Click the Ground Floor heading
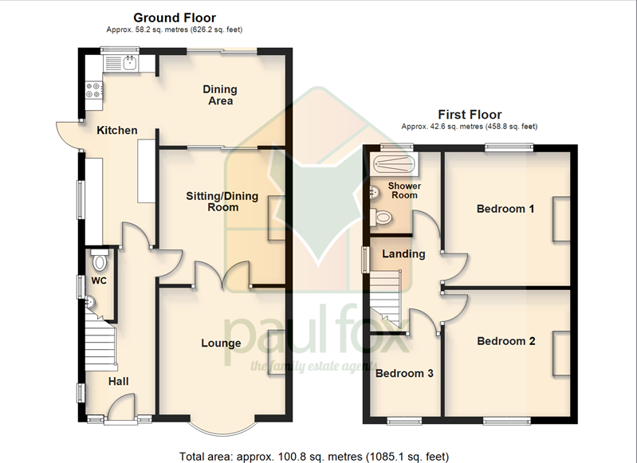(174, 18)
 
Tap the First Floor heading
(470, 115)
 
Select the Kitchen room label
(117, 131)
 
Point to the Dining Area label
(220, 96)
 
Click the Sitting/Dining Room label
(212, 202)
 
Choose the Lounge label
(221, 343)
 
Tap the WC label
(98, 281)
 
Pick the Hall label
(118, 383)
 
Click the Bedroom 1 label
(505, 210)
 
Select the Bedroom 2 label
(505, 341)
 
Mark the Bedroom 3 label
(404, 373)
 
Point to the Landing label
(403, 254)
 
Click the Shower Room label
(403, 190)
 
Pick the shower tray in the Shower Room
(394, 165)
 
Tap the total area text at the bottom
(314, 456)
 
